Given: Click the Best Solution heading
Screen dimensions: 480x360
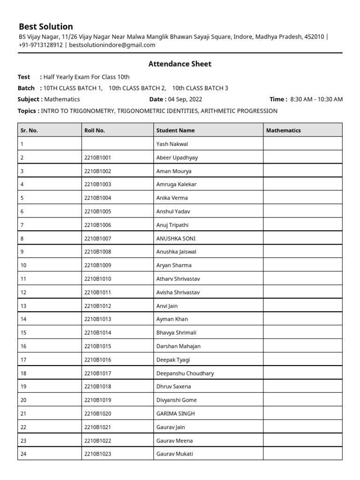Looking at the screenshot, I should (46, 26).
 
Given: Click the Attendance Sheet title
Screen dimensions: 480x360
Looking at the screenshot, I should (180, 64).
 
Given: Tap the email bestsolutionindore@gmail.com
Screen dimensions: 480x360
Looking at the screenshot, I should (112, 45).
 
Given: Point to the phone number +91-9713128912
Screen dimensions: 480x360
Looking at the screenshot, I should (40, 45).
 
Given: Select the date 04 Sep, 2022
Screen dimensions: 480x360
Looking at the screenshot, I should (185, 99).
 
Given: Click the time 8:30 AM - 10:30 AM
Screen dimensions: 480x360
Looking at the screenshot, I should (316, 99).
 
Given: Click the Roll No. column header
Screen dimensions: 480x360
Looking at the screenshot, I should (94, 130).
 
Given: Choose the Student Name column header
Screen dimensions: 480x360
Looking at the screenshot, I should (175, 130).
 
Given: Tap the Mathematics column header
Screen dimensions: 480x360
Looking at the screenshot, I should (284, 130).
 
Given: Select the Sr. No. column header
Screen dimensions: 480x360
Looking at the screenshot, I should (29, 130).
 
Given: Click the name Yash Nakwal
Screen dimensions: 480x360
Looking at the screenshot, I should (172, 144).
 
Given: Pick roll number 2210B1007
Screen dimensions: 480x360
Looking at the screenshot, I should (97, 238).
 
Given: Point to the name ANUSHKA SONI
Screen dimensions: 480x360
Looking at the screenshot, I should (176, 238).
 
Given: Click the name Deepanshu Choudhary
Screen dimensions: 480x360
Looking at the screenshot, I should (185, 373).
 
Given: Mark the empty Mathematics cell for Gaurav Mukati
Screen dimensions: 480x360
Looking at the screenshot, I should (302, 454).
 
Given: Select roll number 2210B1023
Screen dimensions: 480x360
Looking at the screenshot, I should (97, 454).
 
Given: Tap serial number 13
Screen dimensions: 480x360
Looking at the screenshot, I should (23, 306).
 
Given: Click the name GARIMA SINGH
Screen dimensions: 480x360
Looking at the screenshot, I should (175, 413).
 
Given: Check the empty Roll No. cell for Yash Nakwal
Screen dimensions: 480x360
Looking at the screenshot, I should (117, 144).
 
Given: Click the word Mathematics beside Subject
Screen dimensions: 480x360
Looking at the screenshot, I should (62, 99).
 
